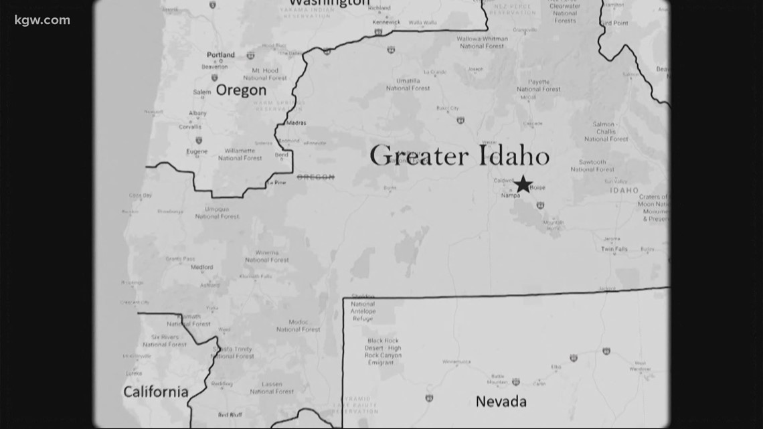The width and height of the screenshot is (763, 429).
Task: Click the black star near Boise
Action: [x=523, y=183]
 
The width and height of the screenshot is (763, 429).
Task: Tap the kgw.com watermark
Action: [x=42, y=20]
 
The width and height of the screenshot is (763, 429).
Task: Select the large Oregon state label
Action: [x=241, y=90]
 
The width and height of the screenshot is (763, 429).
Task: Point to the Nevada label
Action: [x=501, y=402]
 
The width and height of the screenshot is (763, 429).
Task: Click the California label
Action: [x=155, y=392]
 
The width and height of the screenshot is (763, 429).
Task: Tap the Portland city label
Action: [x=221, y=55]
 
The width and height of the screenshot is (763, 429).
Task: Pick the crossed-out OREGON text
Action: [x=315, y=177]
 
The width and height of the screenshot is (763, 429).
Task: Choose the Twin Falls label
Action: [x=614, y=249]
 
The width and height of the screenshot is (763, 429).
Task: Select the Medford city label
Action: [x=201, y=266]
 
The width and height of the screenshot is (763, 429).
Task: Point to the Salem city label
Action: [x=201, y=92]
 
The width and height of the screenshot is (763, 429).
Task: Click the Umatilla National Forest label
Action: [x=408, y=84]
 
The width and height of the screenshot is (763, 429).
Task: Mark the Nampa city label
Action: [x=510, y=195]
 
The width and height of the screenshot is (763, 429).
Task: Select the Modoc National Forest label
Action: [x=298, y=325]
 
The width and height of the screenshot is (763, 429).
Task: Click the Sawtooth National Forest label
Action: [x=592, y=165]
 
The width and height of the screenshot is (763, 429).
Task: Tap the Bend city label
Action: [x=282, y=155]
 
